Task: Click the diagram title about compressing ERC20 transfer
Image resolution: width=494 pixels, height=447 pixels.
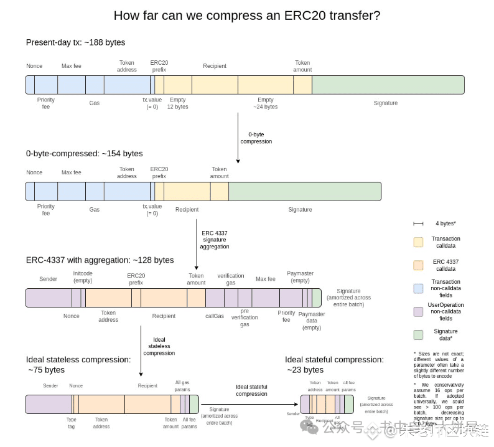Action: click(247, 16)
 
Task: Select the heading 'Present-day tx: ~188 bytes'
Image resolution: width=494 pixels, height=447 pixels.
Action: click(75, 42)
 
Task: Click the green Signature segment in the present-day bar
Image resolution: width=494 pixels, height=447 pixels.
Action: click(388, 85)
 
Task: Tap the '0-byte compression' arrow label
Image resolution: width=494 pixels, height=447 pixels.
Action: click(256, 138)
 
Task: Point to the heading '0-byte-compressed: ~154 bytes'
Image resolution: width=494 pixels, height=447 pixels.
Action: click(84, 153)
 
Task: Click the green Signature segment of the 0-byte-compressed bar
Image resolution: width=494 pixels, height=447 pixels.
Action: click(305, 191)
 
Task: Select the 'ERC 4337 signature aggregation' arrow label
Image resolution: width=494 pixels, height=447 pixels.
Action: click(214, 240)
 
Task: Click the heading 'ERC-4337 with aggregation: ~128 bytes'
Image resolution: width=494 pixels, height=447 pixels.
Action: click(100, 260)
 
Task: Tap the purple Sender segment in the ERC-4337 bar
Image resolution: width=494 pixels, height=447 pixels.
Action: click(48, 298)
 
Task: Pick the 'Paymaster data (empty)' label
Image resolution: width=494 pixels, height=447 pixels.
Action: click(312, 321)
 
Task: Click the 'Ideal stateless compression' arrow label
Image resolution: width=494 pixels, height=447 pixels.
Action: click(159, 347)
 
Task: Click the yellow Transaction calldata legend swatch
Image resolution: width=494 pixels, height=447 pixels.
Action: click(418, 242)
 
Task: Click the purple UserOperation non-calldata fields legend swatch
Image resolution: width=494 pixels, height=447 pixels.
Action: click(418, 311)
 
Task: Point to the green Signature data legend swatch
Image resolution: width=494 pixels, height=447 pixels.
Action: click(418, 335)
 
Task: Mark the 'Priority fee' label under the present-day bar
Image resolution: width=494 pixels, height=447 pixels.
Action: click(45, 103)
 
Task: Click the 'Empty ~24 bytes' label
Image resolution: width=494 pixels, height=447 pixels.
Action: click(266, 103)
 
